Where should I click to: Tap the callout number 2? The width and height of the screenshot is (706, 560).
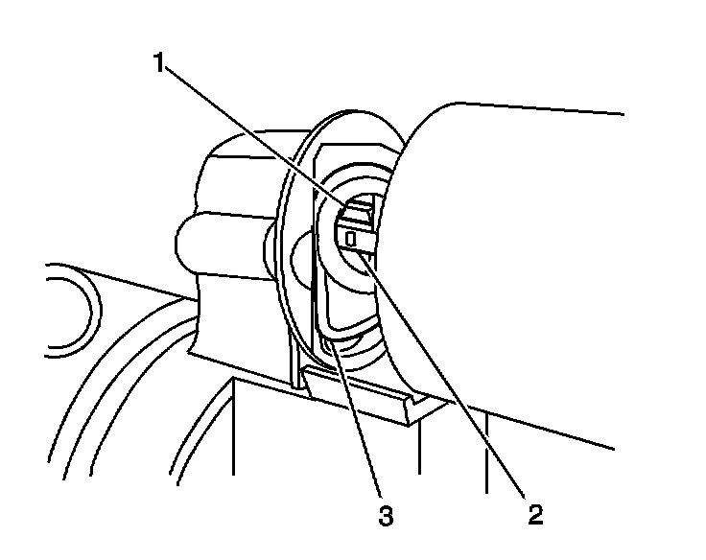(x=534, y=515)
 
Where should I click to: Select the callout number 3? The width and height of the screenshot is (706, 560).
(x=385, y=516)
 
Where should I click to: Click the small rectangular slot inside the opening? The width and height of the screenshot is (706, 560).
(x=351, y=236)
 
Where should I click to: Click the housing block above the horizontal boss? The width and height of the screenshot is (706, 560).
(x=235, y=177)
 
